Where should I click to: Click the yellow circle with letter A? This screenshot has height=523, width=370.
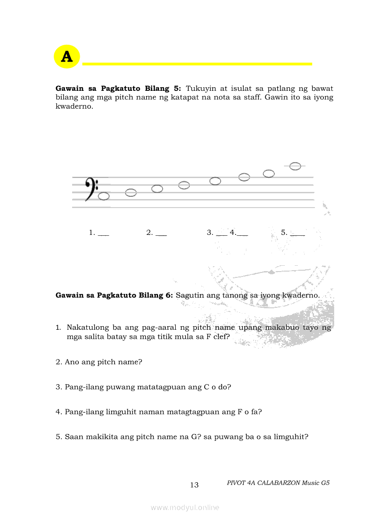(x=67, y=57)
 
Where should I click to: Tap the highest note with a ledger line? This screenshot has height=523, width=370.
(x=295, y=166)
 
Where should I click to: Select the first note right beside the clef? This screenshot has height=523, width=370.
(x=104, y=196)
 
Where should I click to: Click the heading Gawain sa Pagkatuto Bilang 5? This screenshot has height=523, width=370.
(x=118, y=89)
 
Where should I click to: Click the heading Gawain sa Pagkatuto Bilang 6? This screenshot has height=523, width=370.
(x=114, y=295)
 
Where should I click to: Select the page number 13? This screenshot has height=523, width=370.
(x=194, y=485)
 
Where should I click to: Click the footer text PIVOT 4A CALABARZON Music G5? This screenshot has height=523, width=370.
(x=278, y=483)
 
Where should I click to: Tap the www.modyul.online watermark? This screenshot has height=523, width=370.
(x=185, y=507)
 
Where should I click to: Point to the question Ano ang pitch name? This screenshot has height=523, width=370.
(x=99, y=362)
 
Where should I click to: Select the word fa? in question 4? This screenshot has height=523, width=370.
(x=256, y=412)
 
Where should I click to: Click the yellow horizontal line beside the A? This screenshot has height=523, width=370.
(x=197, y=64)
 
